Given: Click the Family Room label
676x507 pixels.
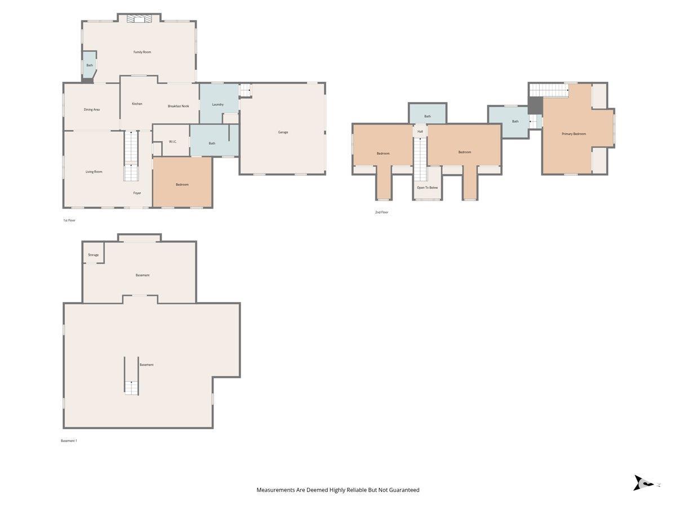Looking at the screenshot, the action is pos(142,52).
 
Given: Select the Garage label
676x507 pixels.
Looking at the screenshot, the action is pos(283,132).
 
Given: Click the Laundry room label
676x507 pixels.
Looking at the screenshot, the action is pos(217,104).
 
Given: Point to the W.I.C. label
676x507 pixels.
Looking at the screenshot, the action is pos(172,141).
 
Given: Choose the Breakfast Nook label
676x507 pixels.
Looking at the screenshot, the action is pos(179,106).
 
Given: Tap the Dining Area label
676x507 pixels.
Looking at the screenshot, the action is pos(91,110).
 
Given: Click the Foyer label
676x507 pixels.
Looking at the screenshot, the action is pos(137,193).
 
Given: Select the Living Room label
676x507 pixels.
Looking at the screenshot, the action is pos(94,172).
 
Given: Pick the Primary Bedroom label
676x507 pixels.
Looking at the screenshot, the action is pos(573,134).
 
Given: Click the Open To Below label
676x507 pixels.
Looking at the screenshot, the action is pos(427,188).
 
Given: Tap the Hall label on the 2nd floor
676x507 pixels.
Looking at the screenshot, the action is pos(420,131).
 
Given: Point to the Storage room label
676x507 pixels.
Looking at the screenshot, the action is pos(94,255).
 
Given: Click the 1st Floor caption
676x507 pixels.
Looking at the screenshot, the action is pos(69,220).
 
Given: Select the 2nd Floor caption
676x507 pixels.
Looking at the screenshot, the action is pos(381,212).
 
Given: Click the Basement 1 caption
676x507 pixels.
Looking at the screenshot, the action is pos(69,441).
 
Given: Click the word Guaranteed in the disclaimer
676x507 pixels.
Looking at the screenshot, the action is pos(404,490).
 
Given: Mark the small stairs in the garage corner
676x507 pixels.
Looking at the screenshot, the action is pos(245,90).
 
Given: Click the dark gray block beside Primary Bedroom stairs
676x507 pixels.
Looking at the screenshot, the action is pos(536,105).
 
